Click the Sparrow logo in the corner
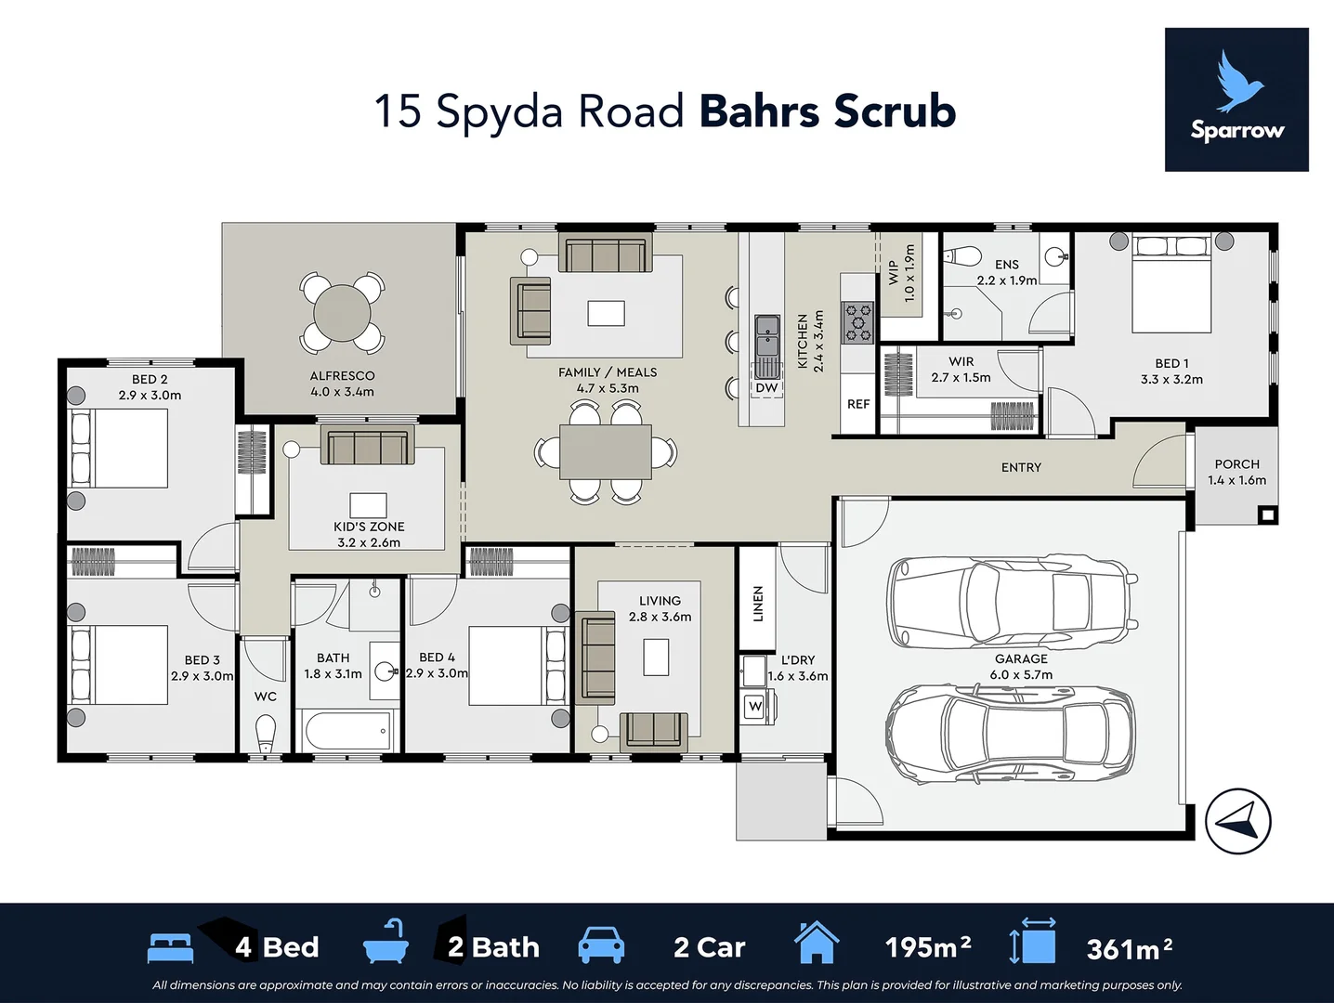[x=1236, y=99]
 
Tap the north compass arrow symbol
[x=1238, y=820]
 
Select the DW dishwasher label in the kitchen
[x=766, y=388]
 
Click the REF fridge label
[x=858, y=404]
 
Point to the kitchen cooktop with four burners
[x=857, y=321]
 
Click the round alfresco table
[x=343, y=313]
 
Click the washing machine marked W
[x=755, y=707]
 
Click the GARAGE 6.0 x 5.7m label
[x=1021, y=667]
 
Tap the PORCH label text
[x=1236, y=464]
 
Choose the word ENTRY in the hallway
[x=1021, y=467]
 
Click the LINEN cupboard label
[x=758, y=604]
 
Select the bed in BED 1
[x=1171, y=283]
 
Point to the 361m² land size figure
[x=1129, y=948]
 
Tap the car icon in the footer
[x=601, y=945]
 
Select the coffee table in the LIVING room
[x=657, y=657]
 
